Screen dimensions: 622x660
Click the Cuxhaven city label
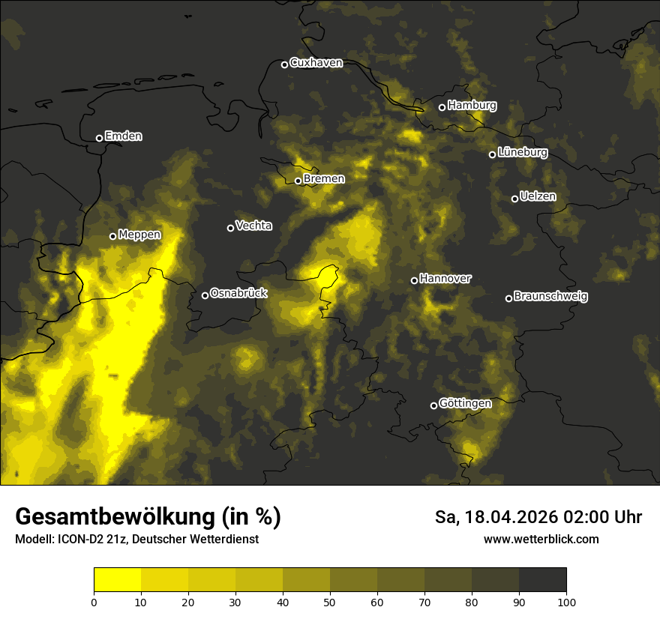[x=316, y=63]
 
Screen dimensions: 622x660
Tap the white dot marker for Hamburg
[x=442, y=107]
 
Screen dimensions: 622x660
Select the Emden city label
[x=123, y=136]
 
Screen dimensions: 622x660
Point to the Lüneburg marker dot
[x=492, y=154]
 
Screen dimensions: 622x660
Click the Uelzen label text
[x=538, y=197]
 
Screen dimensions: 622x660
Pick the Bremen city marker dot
[x=298, y=181]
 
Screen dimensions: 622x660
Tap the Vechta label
[x=253, y=226]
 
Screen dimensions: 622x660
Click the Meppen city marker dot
[x=112, y=236]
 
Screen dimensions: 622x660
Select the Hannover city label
[x=445, y=279]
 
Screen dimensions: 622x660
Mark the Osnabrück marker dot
[x=205, y=295]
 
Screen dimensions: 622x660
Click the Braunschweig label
[x=550, y=297]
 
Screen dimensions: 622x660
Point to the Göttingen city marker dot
[x=433, y=405]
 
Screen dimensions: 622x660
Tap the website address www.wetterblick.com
[x=541, y=539]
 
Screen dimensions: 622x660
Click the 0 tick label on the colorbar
[x=94, y=602]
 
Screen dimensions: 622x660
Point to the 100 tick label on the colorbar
[x=566, y=602]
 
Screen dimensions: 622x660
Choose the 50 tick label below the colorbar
[x=330, y=602]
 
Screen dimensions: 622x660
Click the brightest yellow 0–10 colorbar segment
[x=117, y=580]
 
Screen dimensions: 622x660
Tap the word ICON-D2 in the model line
[x=77, y=540]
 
